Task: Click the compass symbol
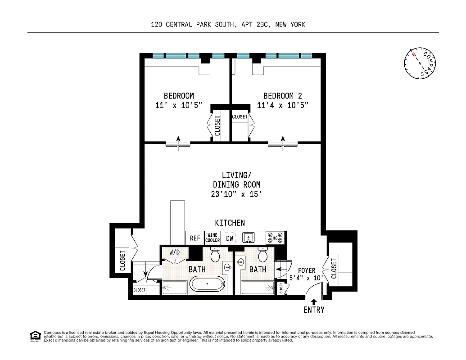coord(420,63)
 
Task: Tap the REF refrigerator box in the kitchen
coord(195,238)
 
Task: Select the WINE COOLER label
coord(213,238)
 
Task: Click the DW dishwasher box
coord(230,238)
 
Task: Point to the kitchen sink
coord(249,238)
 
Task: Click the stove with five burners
coord(275,238)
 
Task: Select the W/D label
coord(174,252)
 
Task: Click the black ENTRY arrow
coord(314,301)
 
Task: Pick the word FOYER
coord(306,270)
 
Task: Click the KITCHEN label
coord(230,223)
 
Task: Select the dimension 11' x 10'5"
coord(178,105)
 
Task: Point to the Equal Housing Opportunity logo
coord(35,336)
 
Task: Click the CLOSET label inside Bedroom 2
coord(240,117)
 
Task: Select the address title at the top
coord(228,24)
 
